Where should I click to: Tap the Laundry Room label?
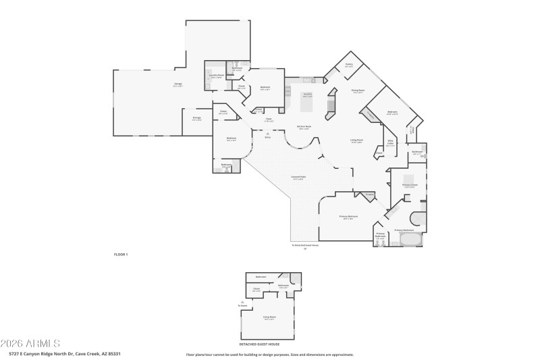216,76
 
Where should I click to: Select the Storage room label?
196,118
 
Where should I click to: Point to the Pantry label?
349,66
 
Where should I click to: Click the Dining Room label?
358,91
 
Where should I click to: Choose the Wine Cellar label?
390,144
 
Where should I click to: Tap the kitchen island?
308,104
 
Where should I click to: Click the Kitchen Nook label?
304,127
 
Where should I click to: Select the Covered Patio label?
298,178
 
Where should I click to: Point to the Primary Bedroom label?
348,217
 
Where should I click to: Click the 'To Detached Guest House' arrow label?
304,245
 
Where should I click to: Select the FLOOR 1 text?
120,254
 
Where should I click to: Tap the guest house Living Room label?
269,317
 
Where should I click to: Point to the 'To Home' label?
242,305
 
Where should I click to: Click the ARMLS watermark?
30,343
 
